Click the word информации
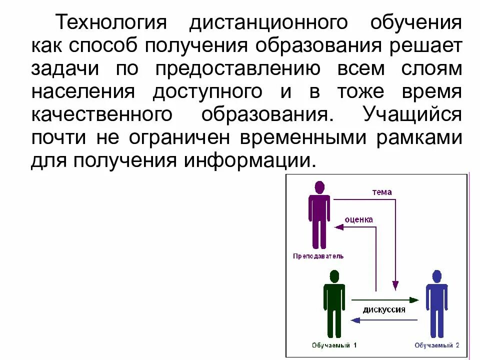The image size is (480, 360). [246, 161]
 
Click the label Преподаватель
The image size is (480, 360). [318, 256]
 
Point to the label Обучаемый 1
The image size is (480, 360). [334, 345]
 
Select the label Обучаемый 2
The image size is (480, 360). [437, 345]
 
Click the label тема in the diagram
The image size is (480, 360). [382, 192]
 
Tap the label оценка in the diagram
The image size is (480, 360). [359, 219]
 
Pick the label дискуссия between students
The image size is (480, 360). [384, 309]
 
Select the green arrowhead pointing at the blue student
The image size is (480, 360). [414, 300]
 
